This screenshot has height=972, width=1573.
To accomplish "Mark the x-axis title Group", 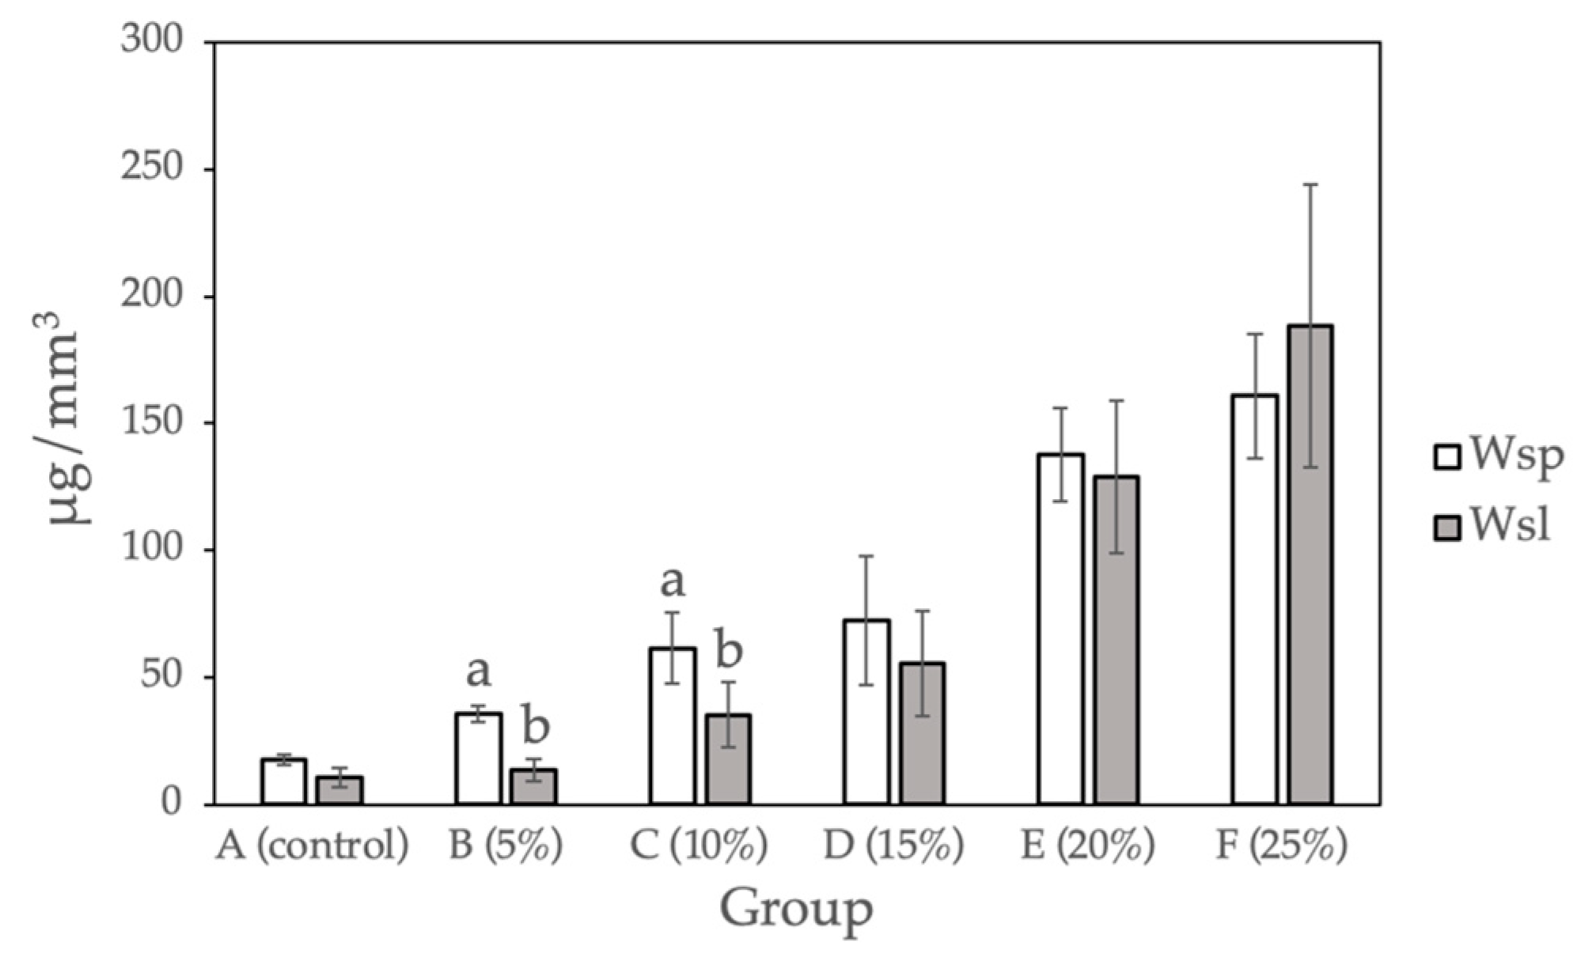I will tap(797, 910).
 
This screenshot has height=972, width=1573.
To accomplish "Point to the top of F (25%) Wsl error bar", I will tap(1310, 184).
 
